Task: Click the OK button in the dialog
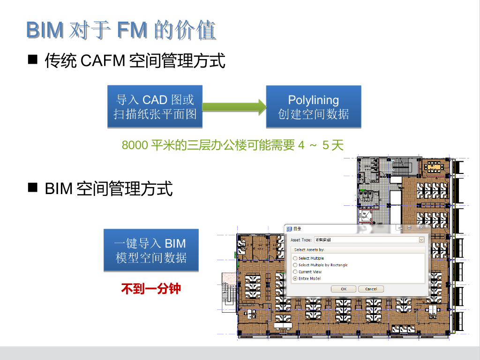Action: click(344, 289)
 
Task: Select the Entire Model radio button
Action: click(295, 278)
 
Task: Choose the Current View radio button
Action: click(295, 272)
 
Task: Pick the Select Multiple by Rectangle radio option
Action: click(295, 265)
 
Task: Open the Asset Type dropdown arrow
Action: click(421, 240)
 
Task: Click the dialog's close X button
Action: click(421, 228)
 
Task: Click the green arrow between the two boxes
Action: click(234, 106)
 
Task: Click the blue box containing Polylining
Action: click(314, 106)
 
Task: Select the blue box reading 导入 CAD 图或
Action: click(155, 106)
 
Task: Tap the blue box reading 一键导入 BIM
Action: click(151, 250)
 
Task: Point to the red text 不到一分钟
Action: click(151, 288)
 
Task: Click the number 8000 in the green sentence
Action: click(135, 145)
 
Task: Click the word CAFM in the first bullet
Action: click(103, 61)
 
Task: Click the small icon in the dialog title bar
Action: click(289, 228)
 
